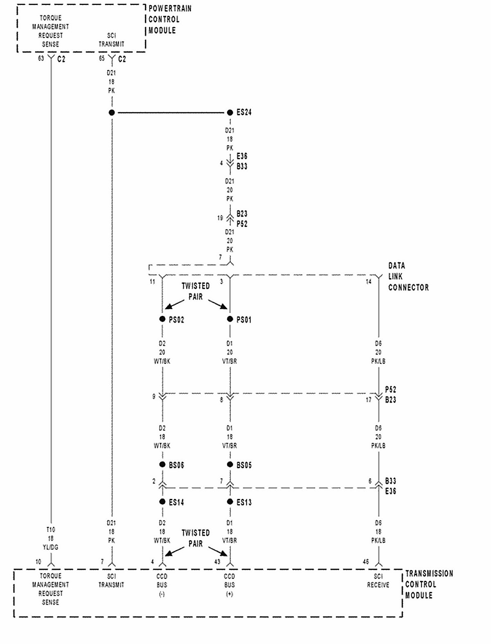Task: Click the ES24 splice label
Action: click(x=244, y=112)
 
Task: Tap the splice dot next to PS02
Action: click(x=162, y=319)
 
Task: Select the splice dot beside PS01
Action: click(x=230, y=319)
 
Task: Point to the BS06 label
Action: click(x=176, y=465)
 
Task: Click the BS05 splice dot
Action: click(x=230, y=465)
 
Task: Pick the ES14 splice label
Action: click(x=176, y=502)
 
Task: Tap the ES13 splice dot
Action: click(x=230, y=502)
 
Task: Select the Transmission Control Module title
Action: click(x=429, y=585)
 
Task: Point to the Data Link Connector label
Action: click(x=408, y=277)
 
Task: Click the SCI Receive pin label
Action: click(x=378, y=581)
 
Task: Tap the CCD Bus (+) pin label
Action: click(x=230, y=585)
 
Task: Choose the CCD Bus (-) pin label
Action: click(x=162, y=585)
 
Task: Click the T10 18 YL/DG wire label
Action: click(x=51, y=538)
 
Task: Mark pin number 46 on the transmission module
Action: click(x=366, y=562)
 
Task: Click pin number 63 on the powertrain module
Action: click(x=41, y=59)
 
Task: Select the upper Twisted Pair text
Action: click(x=196, y=291)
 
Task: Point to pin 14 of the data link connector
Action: click(x=369, y=281)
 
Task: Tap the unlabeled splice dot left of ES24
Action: click(x=112, y=113)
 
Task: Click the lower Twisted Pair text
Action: click(x=196, y=538)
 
